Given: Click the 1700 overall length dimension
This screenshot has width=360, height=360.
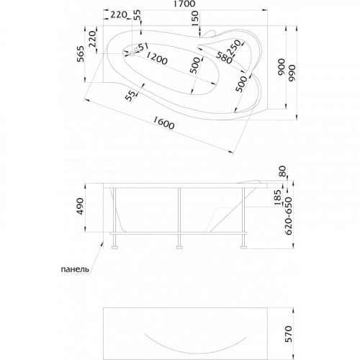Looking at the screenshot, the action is (x=185, y=4).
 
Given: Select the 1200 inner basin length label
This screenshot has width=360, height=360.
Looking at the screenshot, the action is (x=156, y=58).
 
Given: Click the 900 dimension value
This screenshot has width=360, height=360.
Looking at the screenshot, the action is (x=281, y=67).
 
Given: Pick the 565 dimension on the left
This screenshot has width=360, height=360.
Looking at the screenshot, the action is (x=81, y=54).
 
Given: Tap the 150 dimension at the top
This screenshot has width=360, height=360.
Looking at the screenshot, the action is (x=196, y=18).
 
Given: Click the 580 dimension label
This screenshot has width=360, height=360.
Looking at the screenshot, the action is (x=224, y=58).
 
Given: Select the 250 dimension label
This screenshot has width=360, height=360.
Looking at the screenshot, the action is (x=234, y=48).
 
